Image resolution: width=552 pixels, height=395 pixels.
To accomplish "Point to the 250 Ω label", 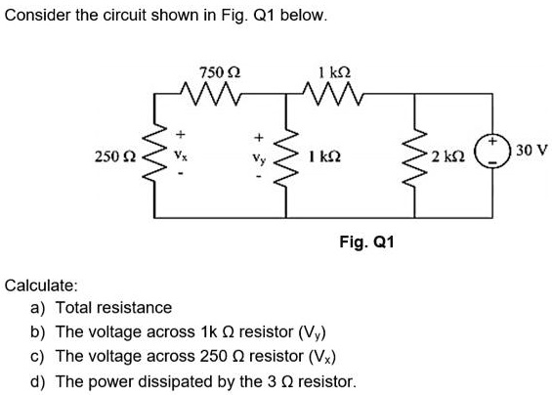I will point(113,156).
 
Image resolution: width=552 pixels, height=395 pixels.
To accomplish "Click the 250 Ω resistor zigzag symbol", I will point(150,156).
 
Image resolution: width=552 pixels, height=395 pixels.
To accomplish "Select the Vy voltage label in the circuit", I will point(259,156).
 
